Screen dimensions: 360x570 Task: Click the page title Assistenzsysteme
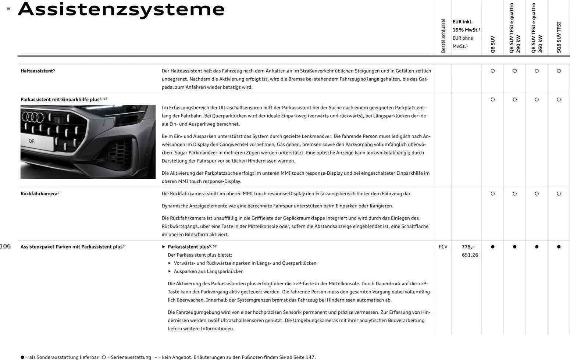(x=121, y=10)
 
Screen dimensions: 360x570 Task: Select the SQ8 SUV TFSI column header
(x=559, y=38)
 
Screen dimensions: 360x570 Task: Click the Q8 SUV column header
(x=493, y=44)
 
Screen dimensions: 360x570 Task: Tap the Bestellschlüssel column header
(x=443, y=36)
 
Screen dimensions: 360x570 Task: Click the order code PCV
(x=443, y=247)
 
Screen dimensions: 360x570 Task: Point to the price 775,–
(x=468, y=247)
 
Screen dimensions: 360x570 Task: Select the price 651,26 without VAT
(x=470, y=255)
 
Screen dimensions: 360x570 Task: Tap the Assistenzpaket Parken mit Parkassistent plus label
(x=72, y=247)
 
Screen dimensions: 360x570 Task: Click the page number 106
(x=5, y=246)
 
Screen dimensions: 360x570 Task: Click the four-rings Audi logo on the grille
(x=33, y=117)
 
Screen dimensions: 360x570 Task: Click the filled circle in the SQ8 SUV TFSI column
(x=559, y=247)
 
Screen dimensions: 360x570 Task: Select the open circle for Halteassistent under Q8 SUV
(x=493, y=71)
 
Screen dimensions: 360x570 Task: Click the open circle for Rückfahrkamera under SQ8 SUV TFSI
(x=559, y=193)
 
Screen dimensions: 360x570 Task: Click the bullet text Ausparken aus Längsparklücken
(x=209, y=271)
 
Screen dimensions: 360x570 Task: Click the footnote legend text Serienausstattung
(x=129, y=357)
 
